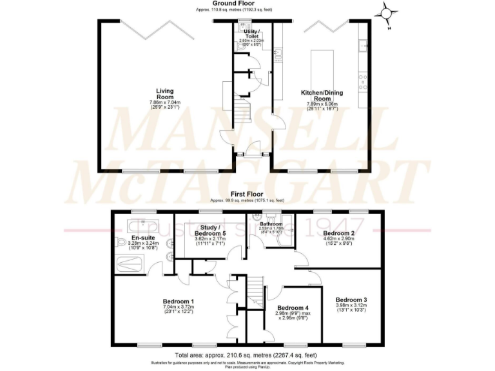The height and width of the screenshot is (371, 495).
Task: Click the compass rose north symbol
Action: pyautogui.click(x=387, y=12)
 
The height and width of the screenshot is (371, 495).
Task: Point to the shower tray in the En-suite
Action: pyautogui.click(x=132, y=265)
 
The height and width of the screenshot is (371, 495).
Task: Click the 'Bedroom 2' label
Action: pyautogui.click(x=339, y=233)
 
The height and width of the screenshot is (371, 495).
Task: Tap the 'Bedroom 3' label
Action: pyautogui.click(x=352, y=300)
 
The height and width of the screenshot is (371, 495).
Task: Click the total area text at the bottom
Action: pyautogui.click(x=247, y=354)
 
